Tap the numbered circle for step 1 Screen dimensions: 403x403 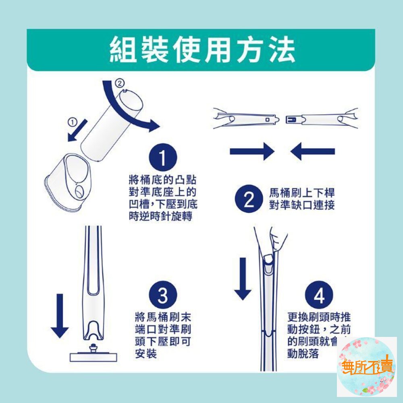(162, 158)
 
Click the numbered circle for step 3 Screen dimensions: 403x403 (162, 295)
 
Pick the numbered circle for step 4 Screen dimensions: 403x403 (319, 295)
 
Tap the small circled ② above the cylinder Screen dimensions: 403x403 (119, 84)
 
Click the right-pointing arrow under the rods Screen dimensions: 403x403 (252, 152)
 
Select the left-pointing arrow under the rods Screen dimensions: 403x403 (312, 152)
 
